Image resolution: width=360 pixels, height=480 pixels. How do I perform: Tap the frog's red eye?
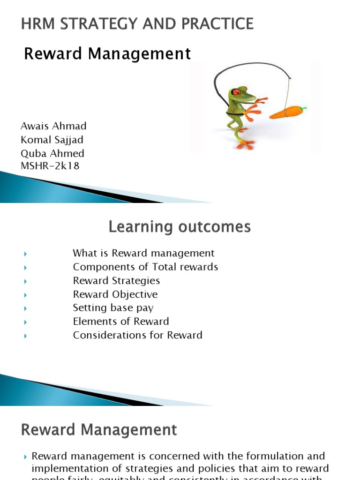[237, 92]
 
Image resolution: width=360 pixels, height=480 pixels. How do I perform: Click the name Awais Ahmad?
[53, 126]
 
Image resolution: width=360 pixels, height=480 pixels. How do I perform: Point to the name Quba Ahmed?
[52, 153]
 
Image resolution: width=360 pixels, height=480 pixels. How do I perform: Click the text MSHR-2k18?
[50, 166]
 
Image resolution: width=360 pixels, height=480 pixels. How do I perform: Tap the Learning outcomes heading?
[180, 227]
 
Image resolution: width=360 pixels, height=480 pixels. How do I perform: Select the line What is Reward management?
[143, 253]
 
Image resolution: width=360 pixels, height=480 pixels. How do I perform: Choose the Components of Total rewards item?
[145, 267]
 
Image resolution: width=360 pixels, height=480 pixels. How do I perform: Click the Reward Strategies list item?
[116, 281]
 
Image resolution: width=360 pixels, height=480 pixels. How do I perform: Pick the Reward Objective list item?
[115, 294]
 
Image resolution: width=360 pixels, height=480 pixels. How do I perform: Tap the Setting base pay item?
[113, 308]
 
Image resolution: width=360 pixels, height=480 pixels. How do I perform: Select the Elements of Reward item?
[121, 322]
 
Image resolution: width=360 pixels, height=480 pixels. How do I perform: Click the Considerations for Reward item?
[137, 335]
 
